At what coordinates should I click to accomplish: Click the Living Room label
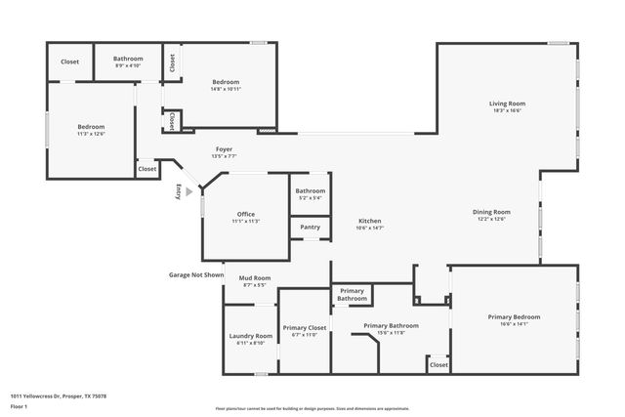coord(507,104)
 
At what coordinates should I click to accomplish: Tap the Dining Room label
coord(491,212)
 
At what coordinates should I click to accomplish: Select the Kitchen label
coord(369,221)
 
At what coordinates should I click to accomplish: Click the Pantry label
coord(310,228)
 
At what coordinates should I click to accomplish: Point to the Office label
coord(245,214)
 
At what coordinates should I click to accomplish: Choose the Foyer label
coord(224,149)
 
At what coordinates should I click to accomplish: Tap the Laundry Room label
coord(250,336)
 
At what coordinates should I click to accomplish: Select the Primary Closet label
coord(305,327)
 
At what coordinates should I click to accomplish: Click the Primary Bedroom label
coord(514,316)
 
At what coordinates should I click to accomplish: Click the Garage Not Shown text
coord(196,274)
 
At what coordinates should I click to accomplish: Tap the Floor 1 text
coord(19,405)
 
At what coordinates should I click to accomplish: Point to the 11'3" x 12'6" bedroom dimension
coord(91,133)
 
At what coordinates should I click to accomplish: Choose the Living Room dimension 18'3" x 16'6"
coord(507,110)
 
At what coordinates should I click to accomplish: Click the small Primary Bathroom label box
coord(352,294)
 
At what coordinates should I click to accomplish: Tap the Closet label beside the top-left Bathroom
coord(69,62)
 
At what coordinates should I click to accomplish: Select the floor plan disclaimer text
coord(325,408)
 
